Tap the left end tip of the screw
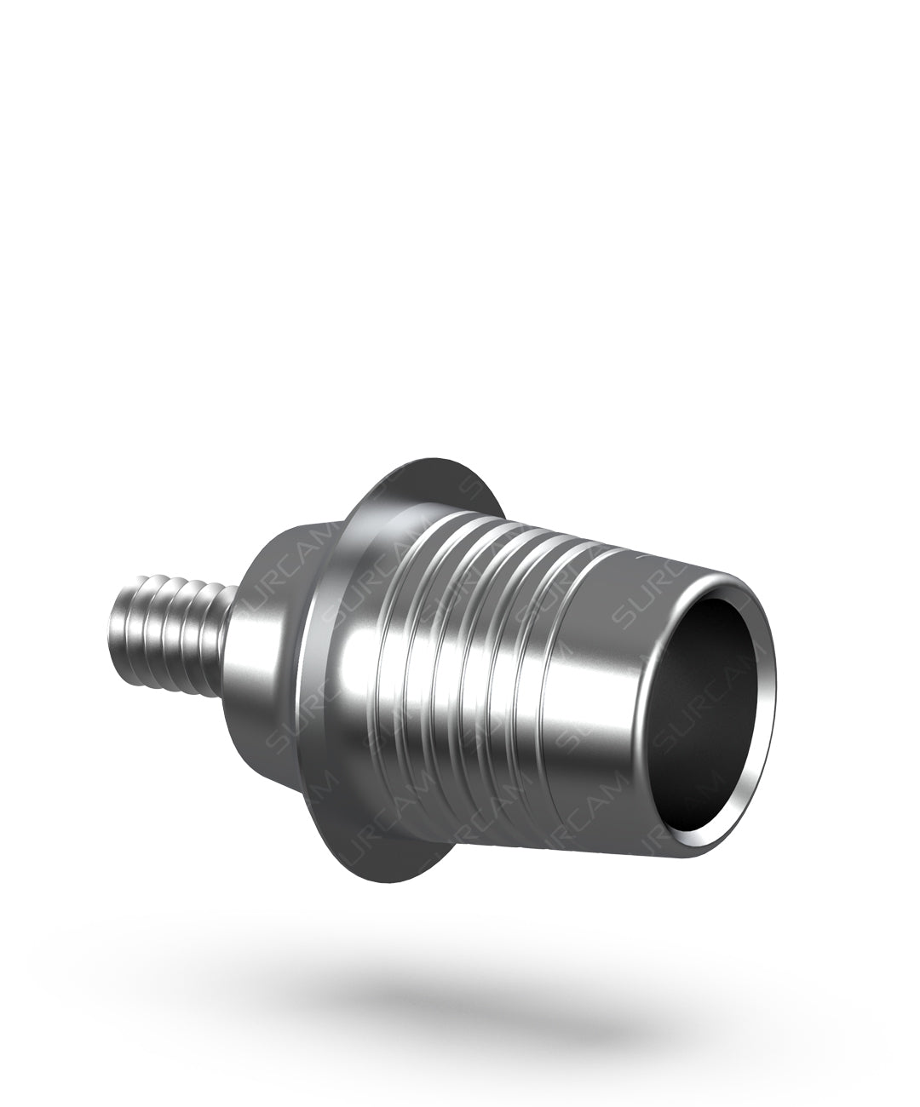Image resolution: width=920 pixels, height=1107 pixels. tap(116, 637)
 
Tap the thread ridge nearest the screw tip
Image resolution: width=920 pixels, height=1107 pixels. tap(128, 634)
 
